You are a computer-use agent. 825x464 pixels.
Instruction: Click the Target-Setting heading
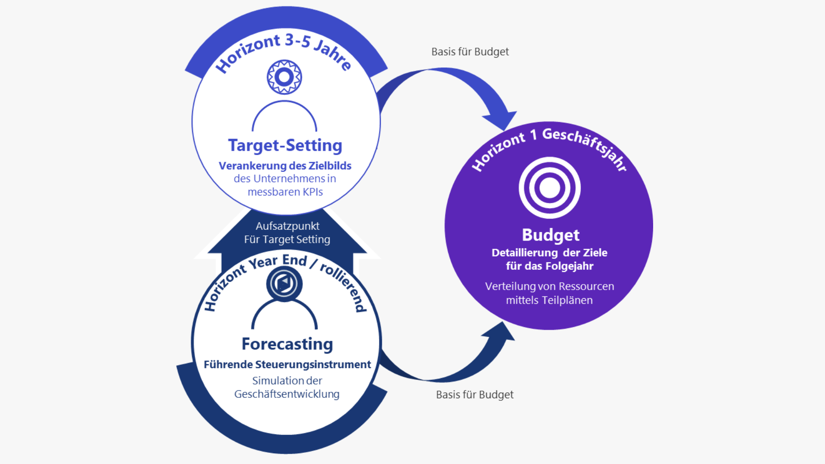click(x=285, y=145)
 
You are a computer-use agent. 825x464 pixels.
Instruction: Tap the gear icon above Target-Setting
click(x=284, y=77)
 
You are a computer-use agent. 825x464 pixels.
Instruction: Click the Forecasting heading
click(x=287, y=344)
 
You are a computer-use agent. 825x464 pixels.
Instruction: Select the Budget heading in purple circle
click(x=550, y=235)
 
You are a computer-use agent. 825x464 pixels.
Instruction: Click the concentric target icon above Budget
click(x=550, y=188)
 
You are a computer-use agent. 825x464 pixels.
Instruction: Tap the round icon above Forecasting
click(x=284, y=284)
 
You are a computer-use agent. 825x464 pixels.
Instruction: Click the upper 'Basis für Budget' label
click(x=470, y=52)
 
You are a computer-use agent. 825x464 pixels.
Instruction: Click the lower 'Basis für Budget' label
click(x=474, y=394)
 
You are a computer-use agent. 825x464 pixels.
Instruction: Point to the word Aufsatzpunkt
click(x=287, y=226)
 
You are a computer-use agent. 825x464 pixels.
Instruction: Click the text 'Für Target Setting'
click(x=287, y=239)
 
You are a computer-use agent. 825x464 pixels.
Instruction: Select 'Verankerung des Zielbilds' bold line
click(x=285, y=166)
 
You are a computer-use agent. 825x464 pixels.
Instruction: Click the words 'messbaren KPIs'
click(x=285, y=192)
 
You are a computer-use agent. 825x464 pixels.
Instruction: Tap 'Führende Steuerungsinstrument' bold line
click(x=287, y=364)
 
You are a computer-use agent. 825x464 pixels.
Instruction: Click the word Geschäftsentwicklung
click(x=287, y=394)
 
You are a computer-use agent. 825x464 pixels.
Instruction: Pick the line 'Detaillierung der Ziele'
click(x=549, y=253)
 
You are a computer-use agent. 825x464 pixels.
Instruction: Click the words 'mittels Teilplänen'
click(x=549, y=300)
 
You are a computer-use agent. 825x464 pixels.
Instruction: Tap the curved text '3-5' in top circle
click(x=297, y=41)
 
